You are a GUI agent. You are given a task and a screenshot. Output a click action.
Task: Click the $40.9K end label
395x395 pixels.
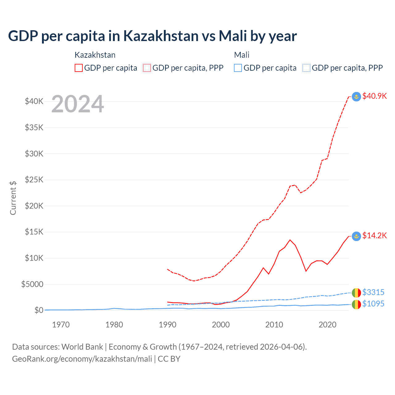(374, 96)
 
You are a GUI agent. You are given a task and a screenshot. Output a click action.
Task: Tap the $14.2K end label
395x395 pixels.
(374, 236)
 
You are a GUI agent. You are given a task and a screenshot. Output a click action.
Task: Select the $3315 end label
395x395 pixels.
(373, 292)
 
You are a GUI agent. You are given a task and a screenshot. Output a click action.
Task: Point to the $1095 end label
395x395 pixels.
(373, 304)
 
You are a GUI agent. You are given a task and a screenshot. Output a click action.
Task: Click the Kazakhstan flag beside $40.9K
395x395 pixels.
(356, 97)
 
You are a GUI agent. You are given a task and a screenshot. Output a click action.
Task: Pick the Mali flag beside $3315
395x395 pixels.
(356, 293)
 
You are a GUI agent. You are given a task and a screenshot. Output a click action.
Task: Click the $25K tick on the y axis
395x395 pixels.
(34, 180)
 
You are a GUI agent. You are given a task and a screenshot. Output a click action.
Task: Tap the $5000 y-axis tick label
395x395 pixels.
(32, 284)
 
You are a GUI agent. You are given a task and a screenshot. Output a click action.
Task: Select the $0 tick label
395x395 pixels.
(39, 310)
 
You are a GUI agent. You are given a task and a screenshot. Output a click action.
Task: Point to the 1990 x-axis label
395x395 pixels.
(168, 325)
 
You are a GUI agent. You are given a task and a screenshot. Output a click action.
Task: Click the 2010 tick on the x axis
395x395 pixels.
(274, 325)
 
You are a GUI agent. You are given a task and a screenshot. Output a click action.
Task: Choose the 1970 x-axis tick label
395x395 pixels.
(61, 325)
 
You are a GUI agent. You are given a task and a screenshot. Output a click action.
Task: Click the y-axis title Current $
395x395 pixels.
(13, 198)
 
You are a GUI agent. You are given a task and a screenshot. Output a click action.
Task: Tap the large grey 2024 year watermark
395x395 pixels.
(77, 104)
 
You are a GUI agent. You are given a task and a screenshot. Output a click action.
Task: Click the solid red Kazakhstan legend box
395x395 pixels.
(79, 68)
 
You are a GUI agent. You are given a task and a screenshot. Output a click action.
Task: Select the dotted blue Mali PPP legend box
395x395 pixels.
(306, 68)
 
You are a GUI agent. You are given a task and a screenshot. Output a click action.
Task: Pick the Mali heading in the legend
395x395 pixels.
(242, 55)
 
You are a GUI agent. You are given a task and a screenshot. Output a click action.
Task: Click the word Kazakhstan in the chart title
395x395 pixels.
(161, 36)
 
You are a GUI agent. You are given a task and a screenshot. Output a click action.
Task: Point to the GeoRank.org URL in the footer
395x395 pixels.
(82, 359)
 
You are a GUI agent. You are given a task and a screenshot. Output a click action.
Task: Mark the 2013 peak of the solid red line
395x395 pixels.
(290, 240)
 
